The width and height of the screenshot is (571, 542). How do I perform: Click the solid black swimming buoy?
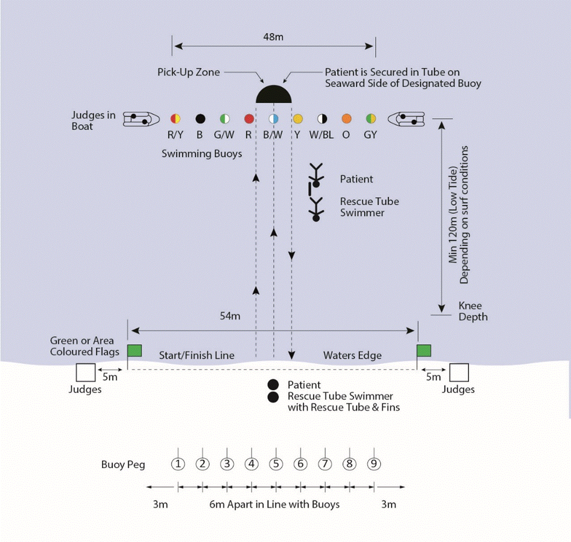[200, 118]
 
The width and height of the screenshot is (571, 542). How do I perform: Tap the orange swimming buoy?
[346, 118]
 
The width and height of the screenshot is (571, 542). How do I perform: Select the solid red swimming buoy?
[249, 118]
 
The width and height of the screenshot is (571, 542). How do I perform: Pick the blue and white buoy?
[273, 118]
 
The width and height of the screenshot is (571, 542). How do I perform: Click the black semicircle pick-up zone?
[274, 94]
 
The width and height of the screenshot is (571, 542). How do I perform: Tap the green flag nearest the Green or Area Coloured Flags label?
[134, 351]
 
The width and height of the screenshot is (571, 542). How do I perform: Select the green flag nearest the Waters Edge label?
[424, 351]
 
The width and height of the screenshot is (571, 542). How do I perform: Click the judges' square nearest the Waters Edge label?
[459, 373]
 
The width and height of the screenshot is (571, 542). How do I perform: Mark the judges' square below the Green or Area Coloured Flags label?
[85, 373]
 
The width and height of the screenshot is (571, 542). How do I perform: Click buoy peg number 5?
[276, 464]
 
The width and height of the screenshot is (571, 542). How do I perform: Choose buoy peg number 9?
[374, 464]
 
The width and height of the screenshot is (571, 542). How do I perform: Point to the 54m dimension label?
[230, 316]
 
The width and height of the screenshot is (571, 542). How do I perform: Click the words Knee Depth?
[473, 311]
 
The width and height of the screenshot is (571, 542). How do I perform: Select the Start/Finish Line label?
[197, 355]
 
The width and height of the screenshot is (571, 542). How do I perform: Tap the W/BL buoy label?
[322, 135]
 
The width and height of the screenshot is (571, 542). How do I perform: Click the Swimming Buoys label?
[202, 154]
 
